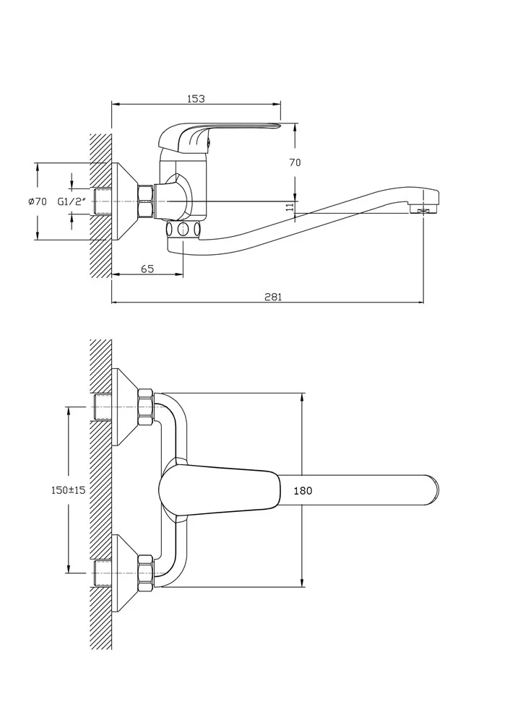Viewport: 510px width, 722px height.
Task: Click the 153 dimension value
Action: [196, 98]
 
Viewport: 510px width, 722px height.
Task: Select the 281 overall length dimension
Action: [273, 297]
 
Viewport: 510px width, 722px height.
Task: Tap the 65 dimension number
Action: [147, 269]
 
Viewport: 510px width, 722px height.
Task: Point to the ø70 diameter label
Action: [38, 201]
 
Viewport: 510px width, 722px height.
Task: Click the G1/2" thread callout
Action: [72, 201]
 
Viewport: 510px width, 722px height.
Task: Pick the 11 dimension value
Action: [290, 206]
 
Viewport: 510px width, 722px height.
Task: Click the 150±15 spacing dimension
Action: [68, 490]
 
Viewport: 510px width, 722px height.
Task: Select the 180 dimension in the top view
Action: [303, 491]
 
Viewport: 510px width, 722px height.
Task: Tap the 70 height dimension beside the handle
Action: [295, 162]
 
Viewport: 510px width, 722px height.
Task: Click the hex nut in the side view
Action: [145, 201]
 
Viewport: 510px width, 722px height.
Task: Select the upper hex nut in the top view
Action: [145, 407]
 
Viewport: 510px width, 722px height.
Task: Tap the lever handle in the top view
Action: [220, 491]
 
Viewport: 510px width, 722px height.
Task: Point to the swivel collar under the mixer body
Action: [183, 228]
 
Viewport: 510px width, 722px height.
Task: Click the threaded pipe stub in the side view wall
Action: [103, 201]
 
